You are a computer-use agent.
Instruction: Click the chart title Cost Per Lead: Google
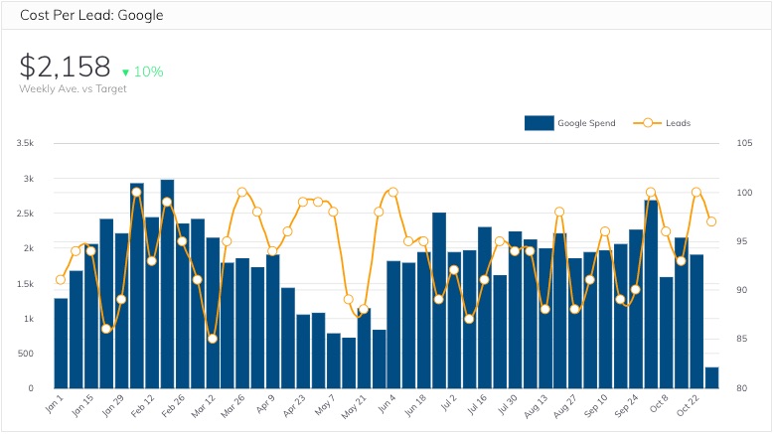tap(91, 15)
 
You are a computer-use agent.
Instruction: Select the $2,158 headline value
tap(66, 67)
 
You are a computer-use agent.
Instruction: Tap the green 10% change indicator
tap(142, 72)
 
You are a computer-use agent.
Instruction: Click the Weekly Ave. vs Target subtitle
tap(73, 89)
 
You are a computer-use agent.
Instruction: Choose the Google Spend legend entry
tap(570, 123)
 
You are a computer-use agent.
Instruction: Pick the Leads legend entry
tap(666, 123)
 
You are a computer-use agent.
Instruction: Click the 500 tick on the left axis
tap(27, 354)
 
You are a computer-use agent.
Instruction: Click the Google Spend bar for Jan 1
tap(61, 343)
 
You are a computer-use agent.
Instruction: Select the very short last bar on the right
tap(711, 377)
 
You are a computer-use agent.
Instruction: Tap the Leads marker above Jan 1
tap(61, 279)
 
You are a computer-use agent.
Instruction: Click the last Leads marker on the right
tap(711, 221)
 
